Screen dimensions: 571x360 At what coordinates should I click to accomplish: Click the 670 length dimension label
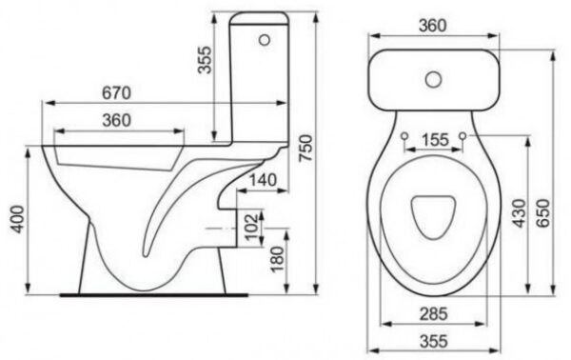[x=116, y=93]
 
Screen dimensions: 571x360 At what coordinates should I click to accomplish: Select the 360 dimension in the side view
[x=116, y=120]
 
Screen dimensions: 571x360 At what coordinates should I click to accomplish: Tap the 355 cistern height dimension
[x=205, y=59]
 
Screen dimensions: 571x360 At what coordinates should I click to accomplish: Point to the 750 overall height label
[x=305, y=148]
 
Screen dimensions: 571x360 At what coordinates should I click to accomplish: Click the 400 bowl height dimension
[x=17, y=219]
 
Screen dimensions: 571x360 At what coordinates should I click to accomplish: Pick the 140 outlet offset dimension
[x=263, y=180]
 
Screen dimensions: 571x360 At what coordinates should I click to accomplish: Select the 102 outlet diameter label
[x=251, y=227]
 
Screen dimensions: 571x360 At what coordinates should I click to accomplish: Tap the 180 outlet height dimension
[x=278, y=259]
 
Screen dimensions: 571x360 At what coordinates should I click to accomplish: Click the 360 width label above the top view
[x=432, y=26]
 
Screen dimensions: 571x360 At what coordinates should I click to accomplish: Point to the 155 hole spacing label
[x=435, y=140]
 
